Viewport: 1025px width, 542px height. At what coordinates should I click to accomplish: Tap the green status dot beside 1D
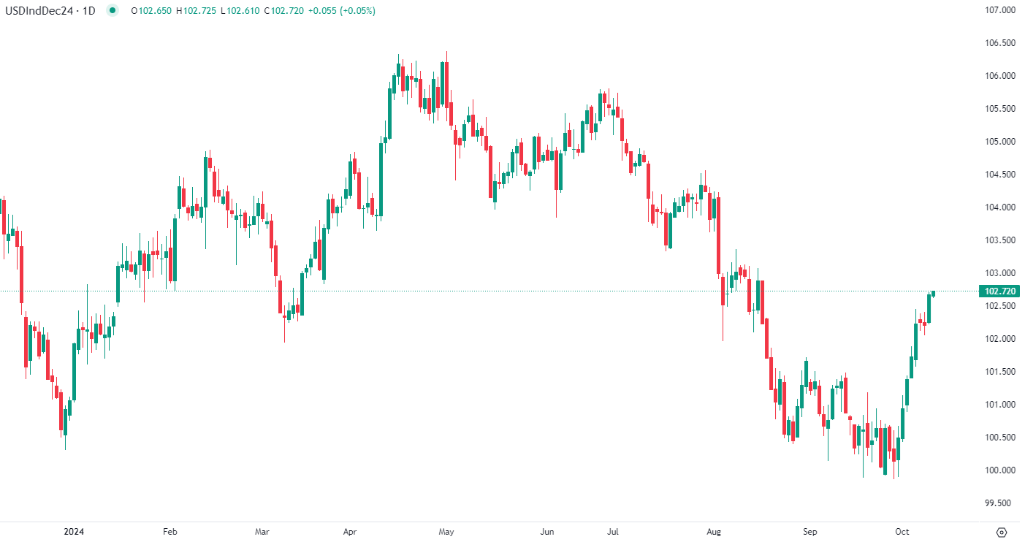pos(111,11)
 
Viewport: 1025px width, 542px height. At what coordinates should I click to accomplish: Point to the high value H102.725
pos(196,11)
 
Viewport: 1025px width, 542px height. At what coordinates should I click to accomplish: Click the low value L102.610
pos(239,11)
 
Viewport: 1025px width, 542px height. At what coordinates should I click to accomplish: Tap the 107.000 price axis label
pos(1000,10)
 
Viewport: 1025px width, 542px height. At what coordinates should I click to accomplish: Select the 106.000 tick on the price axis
pos(1000,76)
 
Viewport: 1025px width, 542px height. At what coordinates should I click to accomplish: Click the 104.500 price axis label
pos(1000,175)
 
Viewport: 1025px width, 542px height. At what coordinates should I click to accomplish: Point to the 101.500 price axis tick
pos(1000,372)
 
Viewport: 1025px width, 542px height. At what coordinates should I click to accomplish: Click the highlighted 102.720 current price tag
pos(1000,291)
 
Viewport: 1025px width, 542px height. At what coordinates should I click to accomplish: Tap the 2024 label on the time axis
pos(74,532)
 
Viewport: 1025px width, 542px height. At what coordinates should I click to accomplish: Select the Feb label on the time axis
pos(169,532)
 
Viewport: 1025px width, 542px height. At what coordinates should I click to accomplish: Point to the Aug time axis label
pos(715,532)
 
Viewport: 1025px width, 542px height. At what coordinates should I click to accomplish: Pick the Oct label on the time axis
pos(902,532)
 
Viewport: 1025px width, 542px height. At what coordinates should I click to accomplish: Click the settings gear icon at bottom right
pos(1002,532)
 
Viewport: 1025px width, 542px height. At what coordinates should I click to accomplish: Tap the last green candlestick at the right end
pos(933,293)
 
